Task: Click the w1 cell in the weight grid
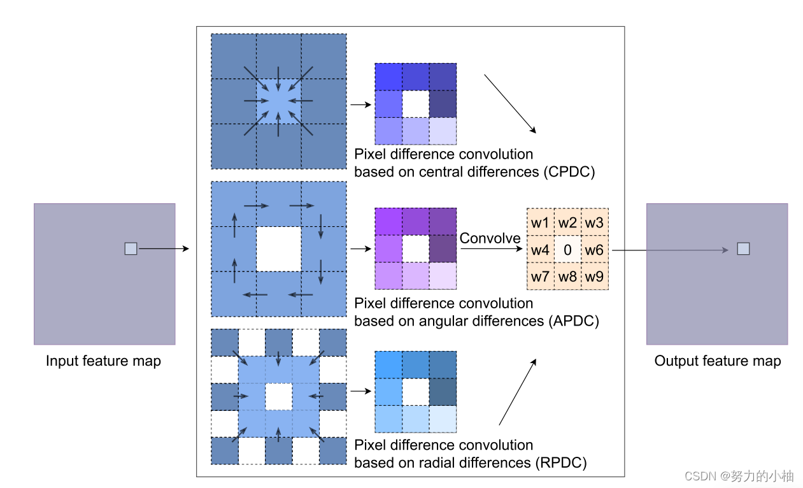pyautogui.click(x=540, y=222)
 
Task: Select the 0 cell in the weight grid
pyautogui.click(x=567, y=250)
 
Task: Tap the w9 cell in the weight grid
pyautogui.click(x=595, y=277)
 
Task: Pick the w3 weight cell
pyautogui.click(x=595, y=222)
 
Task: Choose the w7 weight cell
pyautogui.click(x=540, y=277)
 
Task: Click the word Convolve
pyautogui.click(x=490, y=238)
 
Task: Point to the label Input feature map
pyautogui.click(x=103, y=361)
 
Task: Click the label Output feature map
pyautogui.click(x=717, y=361)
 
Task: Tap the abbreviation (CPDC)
pyautogui.click(x=570, y=172)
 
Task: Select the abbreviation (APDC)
pyautogui.click(x=572, y=321)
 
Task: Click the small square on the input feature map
pyautogui.click(x=131, y=249)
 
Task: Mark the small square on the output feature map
pyautogui.click(x=743, y=249)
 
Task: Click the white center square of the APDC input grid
pyautogui.click(x=278, y=249)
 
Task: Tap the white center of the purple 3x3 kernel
pyautogui.click(x=416, y=249)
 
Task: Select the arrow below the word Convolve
pyautogui.click(x=490, y=249)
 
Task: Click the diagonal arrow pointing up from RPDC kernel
pyautogui.click(x=517, y=391)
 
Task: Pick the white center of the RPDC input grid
pyautogui.click(x=278, y=396)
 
